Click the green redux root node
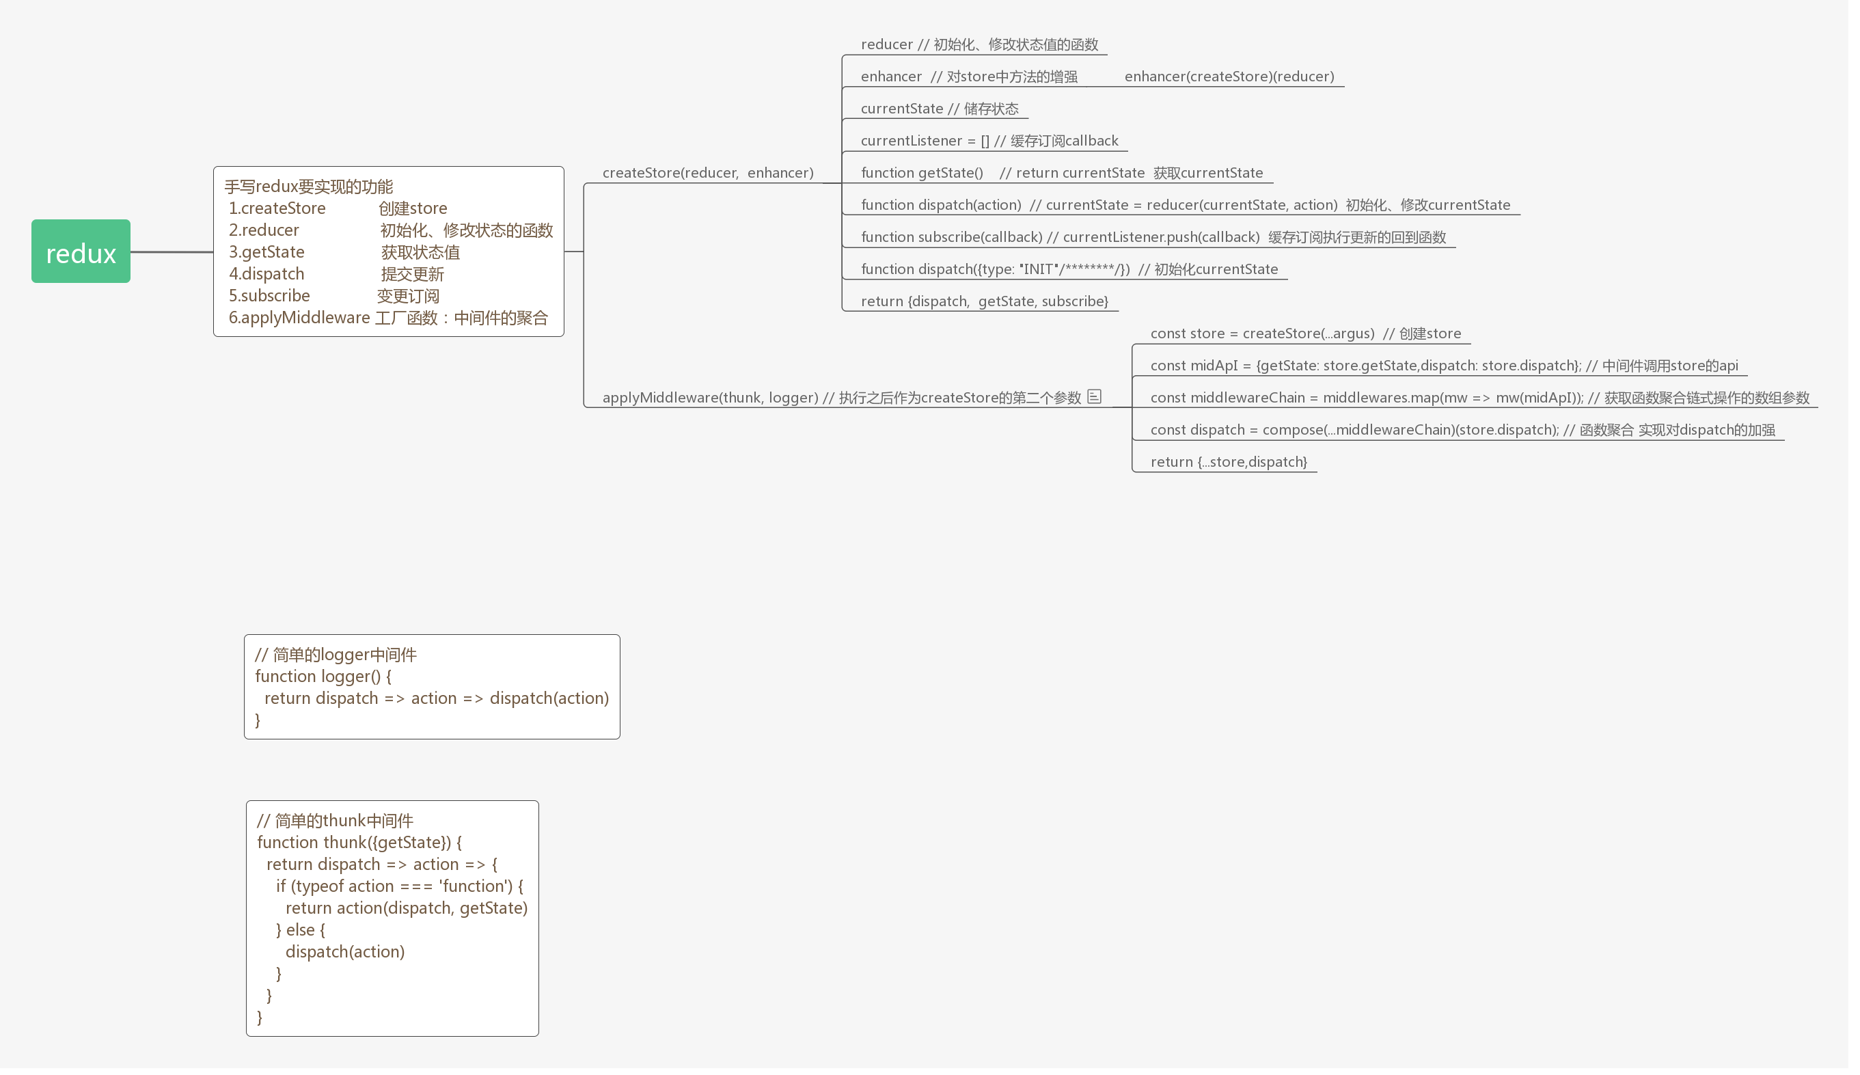(x=81, y=251)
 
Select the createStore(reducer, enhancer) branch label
(x=707, y=173)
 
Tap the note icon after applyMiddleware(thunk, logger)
(x=1094, y=396)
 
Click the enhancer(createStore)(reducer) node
(x=1229, y=77)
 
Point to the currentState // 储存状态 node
(x=939, y=109)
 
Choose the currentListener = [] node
(x=989, y=141)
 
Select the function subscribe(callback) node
(x=1153, y=237)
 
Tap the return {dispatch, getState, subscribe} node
(x=984, y=301)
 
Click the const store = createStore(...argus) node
(x=1305, y=334)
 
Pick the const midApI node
(x=1444, y=366)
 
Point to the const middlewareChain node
(x=1479, y=398)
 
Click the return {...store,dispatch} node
(x=1228, y=462)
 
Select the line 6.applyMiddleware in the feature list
(x=388, y=318)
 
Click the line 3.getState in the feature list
(x=266, y=252)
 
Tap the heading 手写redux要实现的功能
(x=309, y=187)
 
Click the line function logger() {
(x=323, y=677)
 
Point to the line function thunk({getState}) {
(x=359, y=843)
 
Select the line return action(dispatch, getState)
(x=406, y=908)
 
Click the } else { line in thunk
(x=301, y=930)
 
